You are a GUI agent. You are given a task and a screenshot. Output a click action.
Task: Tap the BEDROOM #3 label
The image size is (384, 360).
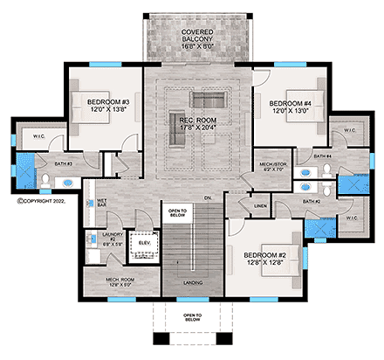tap(109, 106)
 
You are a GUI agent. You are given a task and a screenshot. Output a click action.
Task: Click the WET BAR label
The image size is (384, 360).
tap(102, 204)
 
